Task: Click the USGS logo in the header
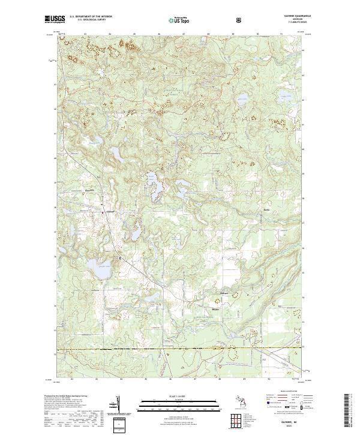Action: (x=55, y=20)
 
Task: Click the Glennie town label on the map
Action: (x=110, y=211)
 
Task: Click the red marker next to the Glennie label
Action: (x=103, y=212)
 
